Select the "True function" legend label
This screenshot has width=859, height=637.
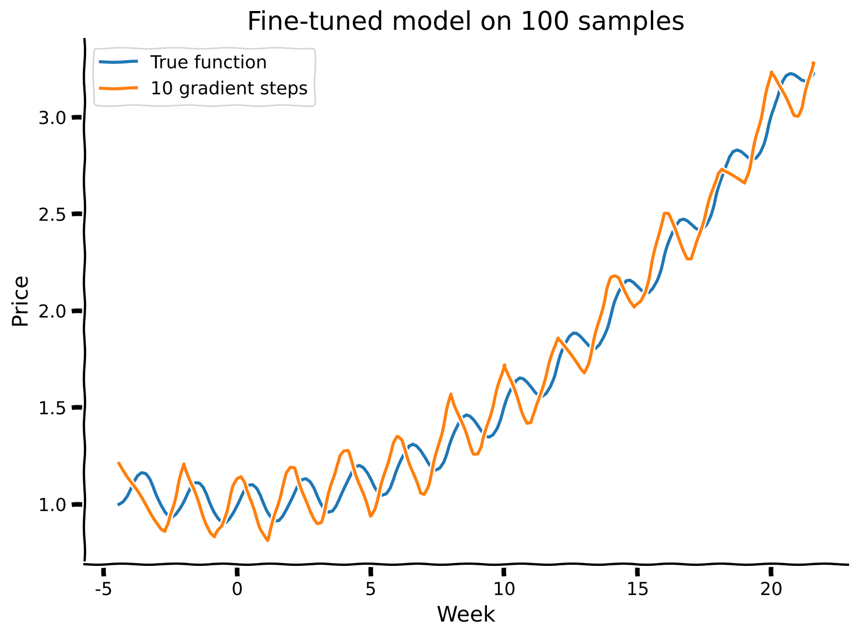point(208,62)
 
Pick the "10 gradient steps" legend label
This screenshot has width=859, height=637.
point(229,88)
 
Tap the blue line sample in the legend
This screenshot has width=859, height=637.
point(118,62)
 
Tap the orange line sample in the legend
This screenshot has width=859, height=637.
point(118,88)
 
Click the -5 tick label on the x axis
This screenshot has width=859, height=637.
point(103,590)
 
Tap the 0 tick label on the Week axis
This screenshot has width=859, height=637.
point(237,590)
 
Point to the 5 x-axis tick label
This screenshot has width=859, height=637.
point(370,590)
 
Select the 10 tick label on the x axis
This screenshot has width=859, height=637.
point(504,590)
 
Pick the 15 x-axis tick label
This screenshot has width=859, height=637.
point(638,590)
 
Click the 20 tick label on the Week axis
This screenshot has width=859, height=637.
point(771,590)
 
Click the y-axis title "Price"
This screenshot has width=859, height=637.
point(20,301)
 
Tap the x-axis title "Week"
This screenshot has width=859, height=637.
point(466,614)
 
